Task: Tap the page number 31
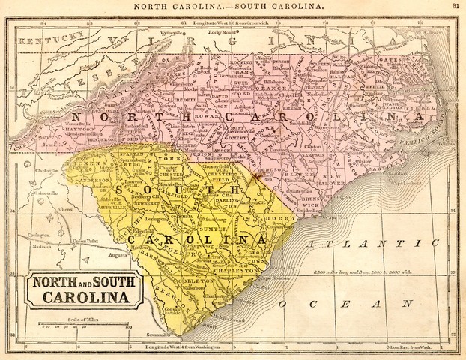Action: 456,6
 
